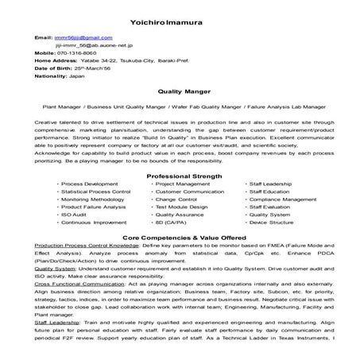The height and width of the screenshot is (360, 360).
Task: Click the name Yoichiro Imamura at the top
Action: pyautogui.click(x=180, y=19)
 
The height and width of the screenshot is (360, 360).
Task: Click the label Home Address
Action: pyautogui.click(x=56, y=60)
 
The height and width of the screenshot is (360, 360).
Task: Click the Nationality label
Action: pyautogui.click(x=50, y=75)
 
